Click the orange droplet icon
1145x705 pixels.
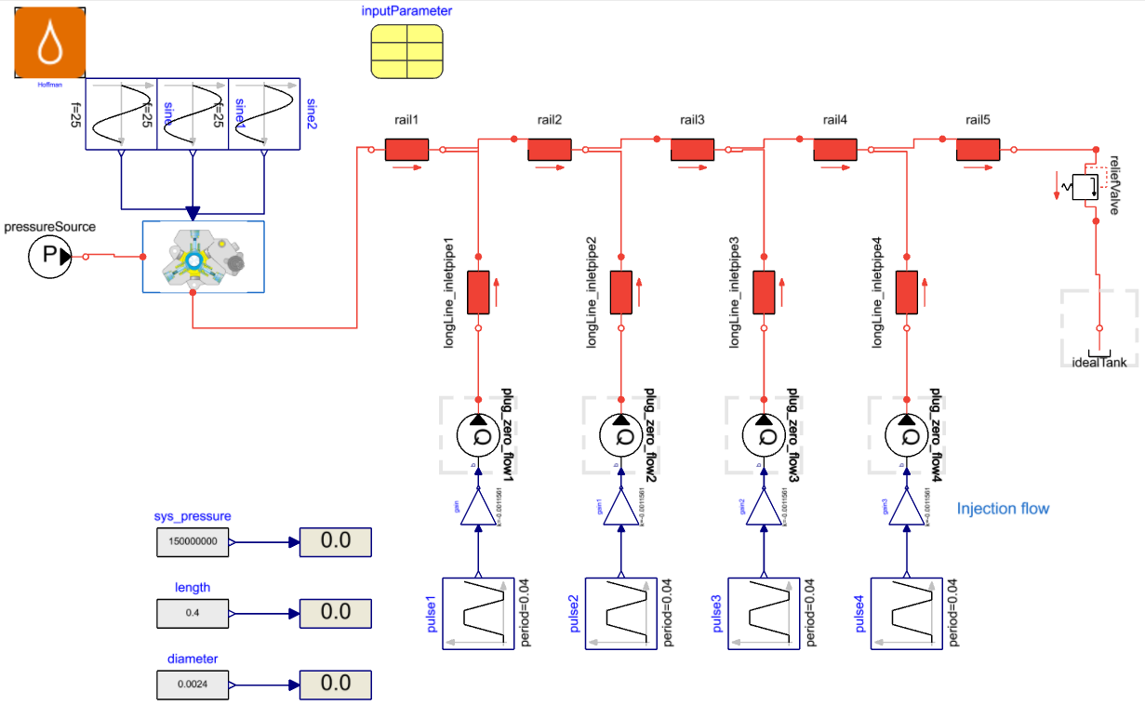click(49, 44)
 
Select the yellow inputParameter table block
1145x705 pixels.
click(406, 51)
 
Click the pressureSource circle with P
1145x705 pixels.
click(49, 257)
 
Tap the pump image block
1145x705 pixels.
click(203, 257)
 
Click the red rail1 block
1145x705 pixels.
click(406, 150)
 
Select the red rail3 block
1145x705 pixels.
click(692, 150)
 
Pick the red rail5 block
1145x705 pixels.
click(978, 150)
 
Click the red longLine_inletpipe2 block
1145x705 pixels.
click(620, 292)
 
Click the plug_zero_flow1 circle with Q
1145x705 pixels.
click(477, 433)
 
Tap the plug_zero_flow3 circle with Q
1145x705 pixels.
click(763, 433)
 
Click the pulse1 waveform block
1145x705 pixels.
click(477, 613)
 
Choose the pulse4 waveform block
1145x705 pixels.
click(906, 613)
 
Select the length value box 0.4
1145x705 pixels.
click(193, 613)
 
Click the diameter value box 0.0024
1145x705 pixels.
click(193, 685)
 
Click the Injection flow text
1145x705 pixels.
click(1003, 509)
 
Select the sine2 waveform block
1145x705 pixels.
click(264, 113)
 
